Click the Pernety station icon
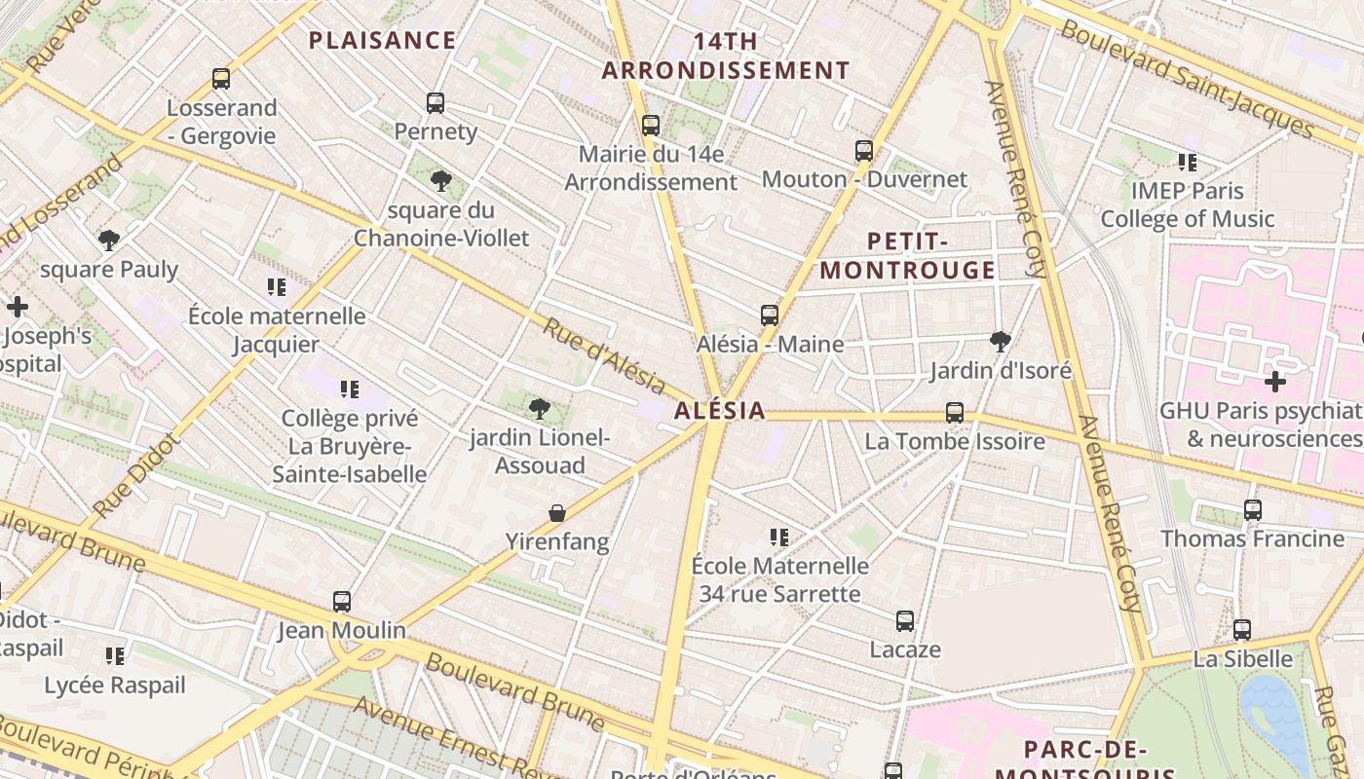pyautogui.click(x=436, y=102)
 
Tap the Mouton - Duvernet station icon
pyautogui.click(x=864, y=150)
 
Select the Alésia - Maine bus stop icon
pyautogui.click(x=770, y=315)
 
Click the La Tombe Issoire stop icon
pyautogui.click(x=955, y=413)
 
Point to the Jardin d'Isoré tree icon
pyautogui.click(x=1000, y=341)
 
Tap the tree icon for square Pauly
pyautogui.click(x=109, y=240)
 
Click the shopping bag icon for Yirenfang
pyautogui.click(x=557, y=512)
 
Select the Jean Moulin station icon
pyautogui.click(x=341, y=601)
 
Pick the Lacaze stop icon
pyautogui.click(x=905, y=620)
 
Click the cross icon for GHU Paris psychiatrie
pyautogui.click(x=1274, y=381)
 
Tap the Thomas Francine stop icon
pyautogui.click(x=1253, y=509)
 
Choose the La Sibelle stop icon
pyautogui.click(x=1242, y=630)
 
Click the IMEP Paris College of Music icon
pyautogui.click(x=1187, y=162)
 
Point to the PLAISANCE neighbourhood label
pyautogui.click(x=382, y=40)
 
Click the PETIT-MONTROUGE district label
pyautogui.click(x=908, y=256)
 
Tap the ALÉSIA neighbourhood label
pyautogui.click(x=720, y=411)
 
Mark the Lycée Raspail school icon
pyautogui.click(x=115, y=656)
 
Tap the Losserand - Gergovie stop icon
pyautogui.click(x=221, y=79)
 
